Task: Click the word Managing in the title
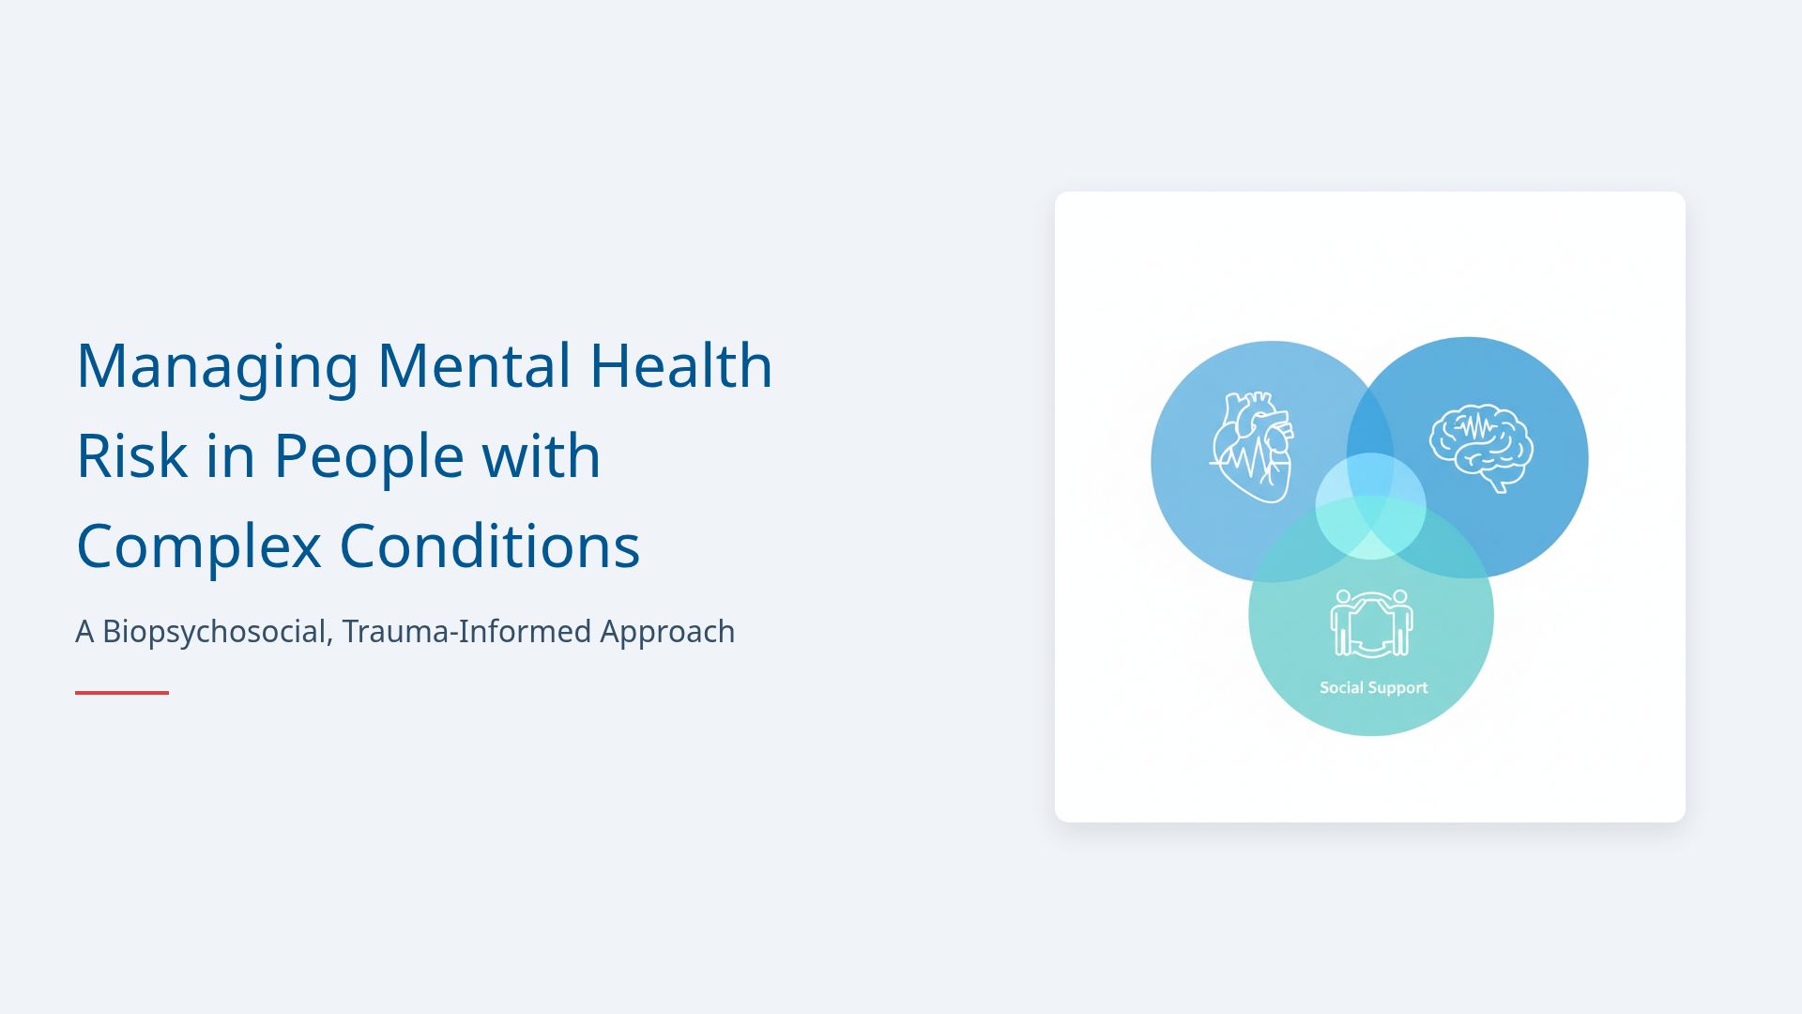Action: point(217,366)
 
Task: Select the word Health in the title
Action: point(680,366)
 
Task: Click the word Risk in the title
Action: point(131,456)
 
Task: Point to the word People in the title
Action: point(368,456)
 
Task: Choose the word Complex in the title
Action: point(198,546)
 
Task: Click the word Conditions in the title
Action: point(489,546)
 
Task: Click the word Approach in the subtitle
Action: point(667,632)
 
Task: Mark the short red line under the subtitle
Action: point(122,693)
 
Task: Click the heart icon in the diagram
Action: point(1252,448)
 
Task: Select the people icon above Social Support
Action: point(1371,622)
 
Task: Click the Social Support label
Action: point(1373,688)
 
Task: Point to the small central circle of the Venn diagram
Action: point(1370,506)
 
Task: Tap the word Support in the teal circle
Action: point(1397,688)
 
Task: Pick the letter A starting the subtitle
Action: point(84,632)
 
